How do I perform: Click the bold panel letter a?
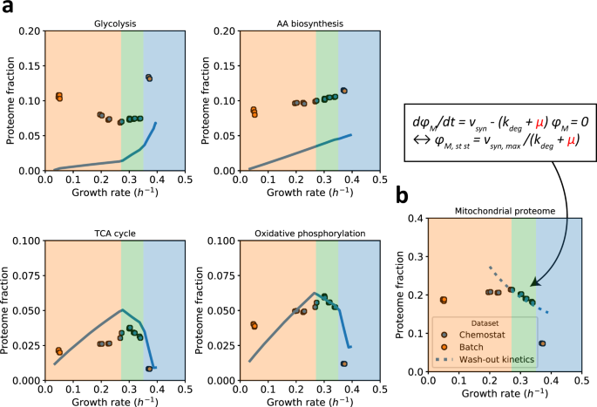point(8,9)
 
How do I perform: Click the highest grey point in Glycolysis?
point(149,78)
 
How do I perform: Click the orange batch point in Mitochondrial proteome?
point(443,300)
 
